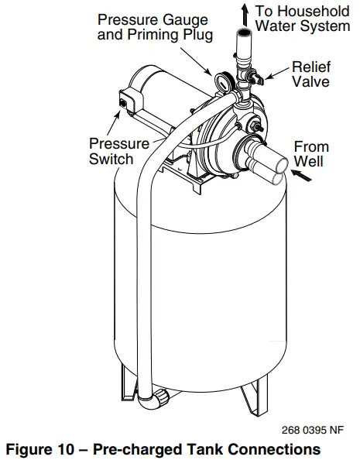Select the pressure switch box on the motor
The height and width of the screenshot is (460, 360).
126,98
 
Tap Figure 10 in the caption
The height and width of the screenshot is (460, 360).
49,448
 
